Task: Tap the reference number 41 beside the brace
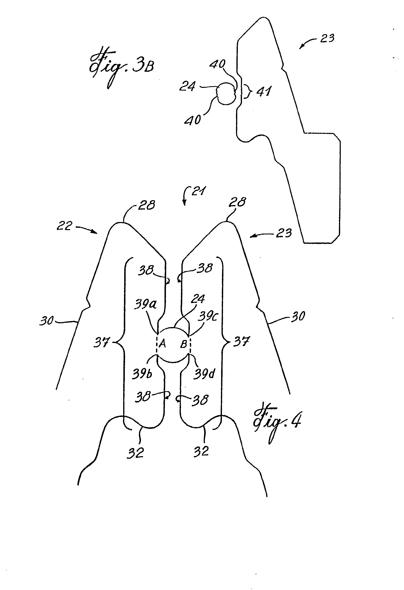pyautogui.click(x=264, y=91)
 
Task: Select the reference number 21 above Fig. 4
pyautogui.click(x=198, y=191)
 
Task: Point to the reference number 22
pyautogui.click(x=64, y=226)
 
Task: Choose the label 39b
pyautogui.click(x=142, y=373)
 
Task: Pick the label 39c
pyautogui.click(x=208, y=316)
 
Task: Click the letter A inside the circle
pyautogui.click(x=162, y=344)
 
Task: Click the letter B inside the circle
pyautogui.click(x=184, y=344)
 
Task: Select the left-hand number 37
pyautogui.click(x=102, y=342)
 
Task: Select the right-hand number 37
pyautogui.click(x=242, y=341)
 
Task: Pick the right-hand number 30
pyautogui.click(x=298, y=316)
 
